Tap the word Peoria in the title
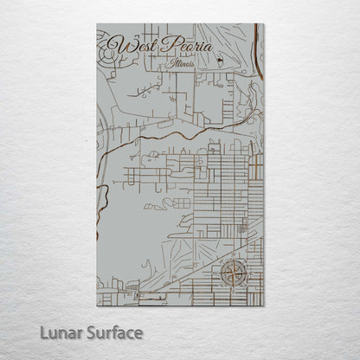click(x=184, y=43)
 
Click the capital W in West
click(x=115, y=41)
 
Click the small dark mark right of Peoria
click(x=220, y=59)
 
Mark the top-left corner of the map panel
click(x=97, y=24)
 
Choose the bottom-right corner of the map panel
click(x=264, y=306)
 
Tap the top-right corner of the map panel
click(x=264, y=24)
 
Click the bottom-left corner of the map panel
click(x=97, y=306)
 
